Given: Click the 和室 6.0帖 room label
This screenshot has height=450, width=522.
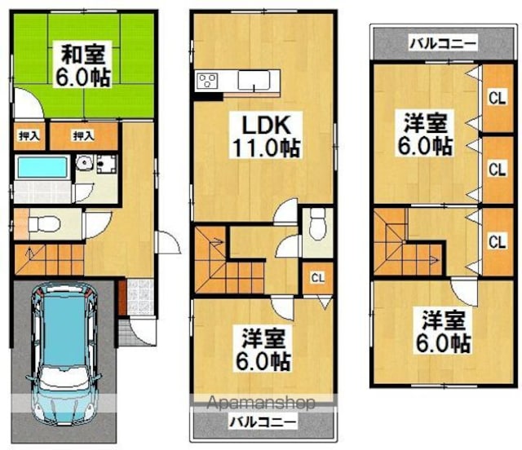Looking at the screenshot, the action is [x=82, y=64].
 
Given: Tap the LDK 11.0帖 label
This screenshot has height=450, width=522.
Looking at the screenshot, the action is [x=266, y=136].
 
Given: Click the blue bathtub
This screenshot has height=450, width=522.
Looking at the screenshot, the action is [x=42, y=167].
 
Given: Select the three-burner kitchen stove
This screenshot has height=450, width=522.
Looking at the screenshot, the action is [x=206, y=81].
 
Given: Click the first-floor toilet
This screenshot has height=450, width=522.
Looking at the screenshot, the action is [x=43, y=223].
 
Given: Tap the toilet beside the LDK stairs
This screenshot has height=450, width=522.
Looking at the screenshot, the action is [x=317, y=223].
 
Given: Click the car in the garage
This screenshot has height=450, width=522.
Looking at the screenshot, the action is [x=64, y=355].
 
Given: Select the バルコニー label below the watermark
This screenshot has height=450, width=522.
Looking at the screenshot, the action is [x=263, y=423].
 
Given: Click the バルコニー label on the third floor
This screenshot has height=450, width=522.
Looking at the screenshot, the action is [x=443, y=43].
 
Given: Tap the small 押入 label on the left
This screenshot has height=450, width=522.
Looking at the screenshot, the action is [x=29, y=136].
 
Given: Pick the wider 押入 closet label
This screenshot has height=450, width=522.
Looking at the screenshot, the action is [x=83, y=136].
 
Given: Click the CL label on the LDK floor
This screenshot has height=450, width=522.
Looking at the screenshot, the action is [x=317, y=278].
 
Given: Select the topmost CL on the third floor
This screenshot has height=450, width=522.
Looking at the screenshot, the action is [x=498, y=98].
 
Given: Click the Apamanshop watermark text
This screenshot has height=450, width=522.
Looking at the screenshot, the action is [x=261, y=403].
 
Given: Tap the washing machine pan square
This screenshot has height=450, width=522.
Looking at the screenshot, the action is [x=107, y=164].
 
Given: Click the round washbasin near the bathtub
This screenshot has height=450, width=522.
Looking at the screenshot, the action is [x=82, y=163].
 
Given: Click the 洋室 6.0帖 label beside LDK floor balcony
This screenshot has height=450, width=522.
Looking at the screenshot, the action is [x=263, y=350].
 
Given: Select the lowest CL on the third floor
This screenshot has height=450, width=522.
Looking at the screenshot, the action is [x=498, y=241].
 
